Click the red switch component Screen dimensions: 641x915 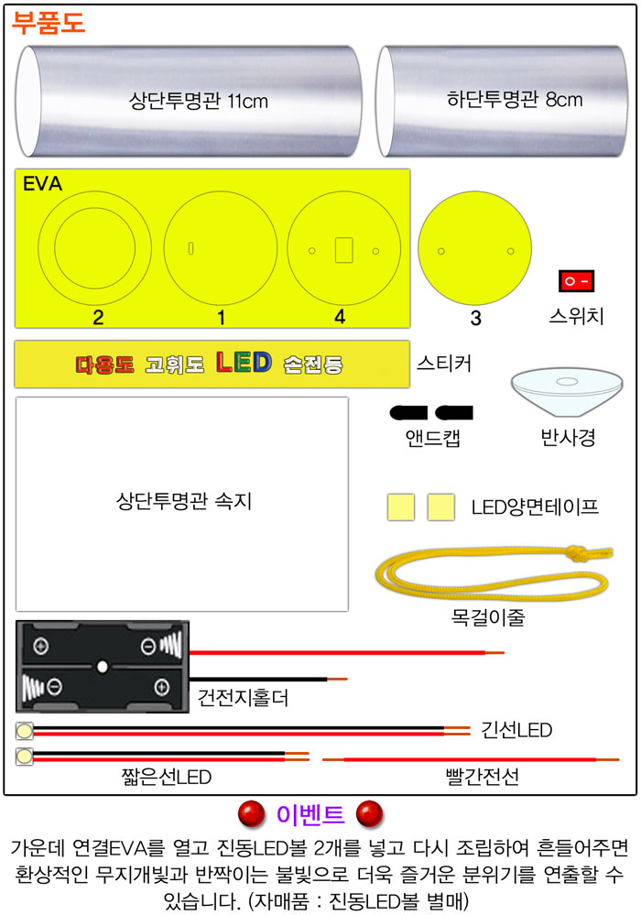576,280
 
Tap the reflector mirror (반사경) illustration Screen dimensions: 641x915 567,391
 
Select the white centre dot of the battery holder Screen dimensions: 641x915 103,667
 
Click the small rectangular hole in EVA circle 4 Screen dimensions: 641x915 344,250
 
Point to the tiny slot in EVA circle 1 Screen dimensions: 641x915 190,248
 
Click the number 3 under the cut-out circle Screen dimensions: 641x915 476,318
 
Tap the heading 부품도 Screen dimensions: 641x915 49,24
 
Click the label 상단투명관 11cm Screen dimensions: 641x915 199,101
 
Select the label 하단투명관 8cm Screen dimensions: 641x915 515,100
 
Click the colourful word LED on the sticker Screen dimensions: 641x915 244,363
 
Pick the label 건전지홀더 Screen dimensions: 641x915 243,697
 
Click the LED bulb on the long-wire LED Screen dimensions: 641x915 25,731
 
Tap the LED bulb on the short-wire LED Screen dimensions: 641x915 25,757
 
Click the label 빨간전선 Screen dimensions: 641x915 482,777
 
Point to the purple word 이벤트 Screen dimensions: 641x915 310,814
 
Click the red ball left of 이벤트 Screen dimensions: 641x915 252,814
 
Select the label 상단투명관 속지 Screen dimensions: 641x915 184,501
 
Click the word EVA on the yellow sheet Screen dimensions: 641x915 42,184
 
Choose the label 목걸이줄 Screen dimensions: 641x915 488,616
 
